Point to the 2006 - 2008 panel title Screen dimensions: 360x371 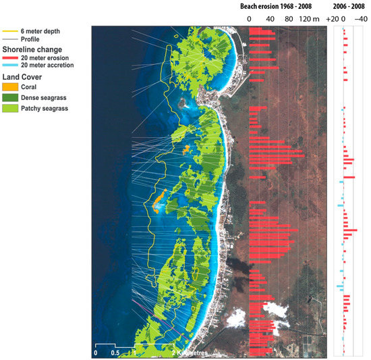[349, 5]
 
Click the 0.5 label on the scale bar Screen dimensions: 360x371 [117, 353]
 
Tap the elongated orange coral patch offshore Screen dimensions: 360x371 [159, 201]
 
